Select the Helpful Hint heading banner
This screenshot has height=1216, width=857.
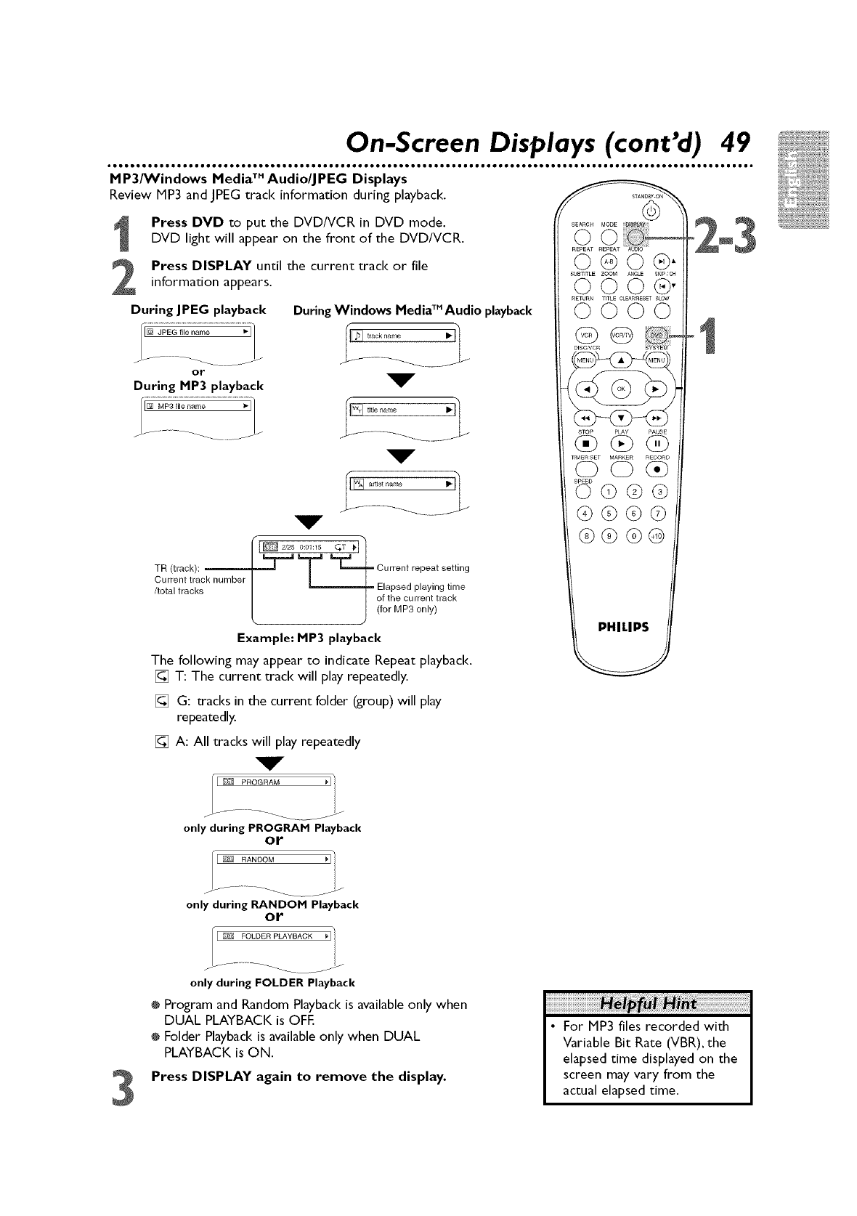(x=647, y=1004)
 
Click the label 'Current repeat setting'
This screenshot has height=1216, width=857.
(x=423, y=567)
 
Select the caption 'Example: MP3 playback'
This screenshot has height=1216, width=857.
(x=309, y=639)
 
